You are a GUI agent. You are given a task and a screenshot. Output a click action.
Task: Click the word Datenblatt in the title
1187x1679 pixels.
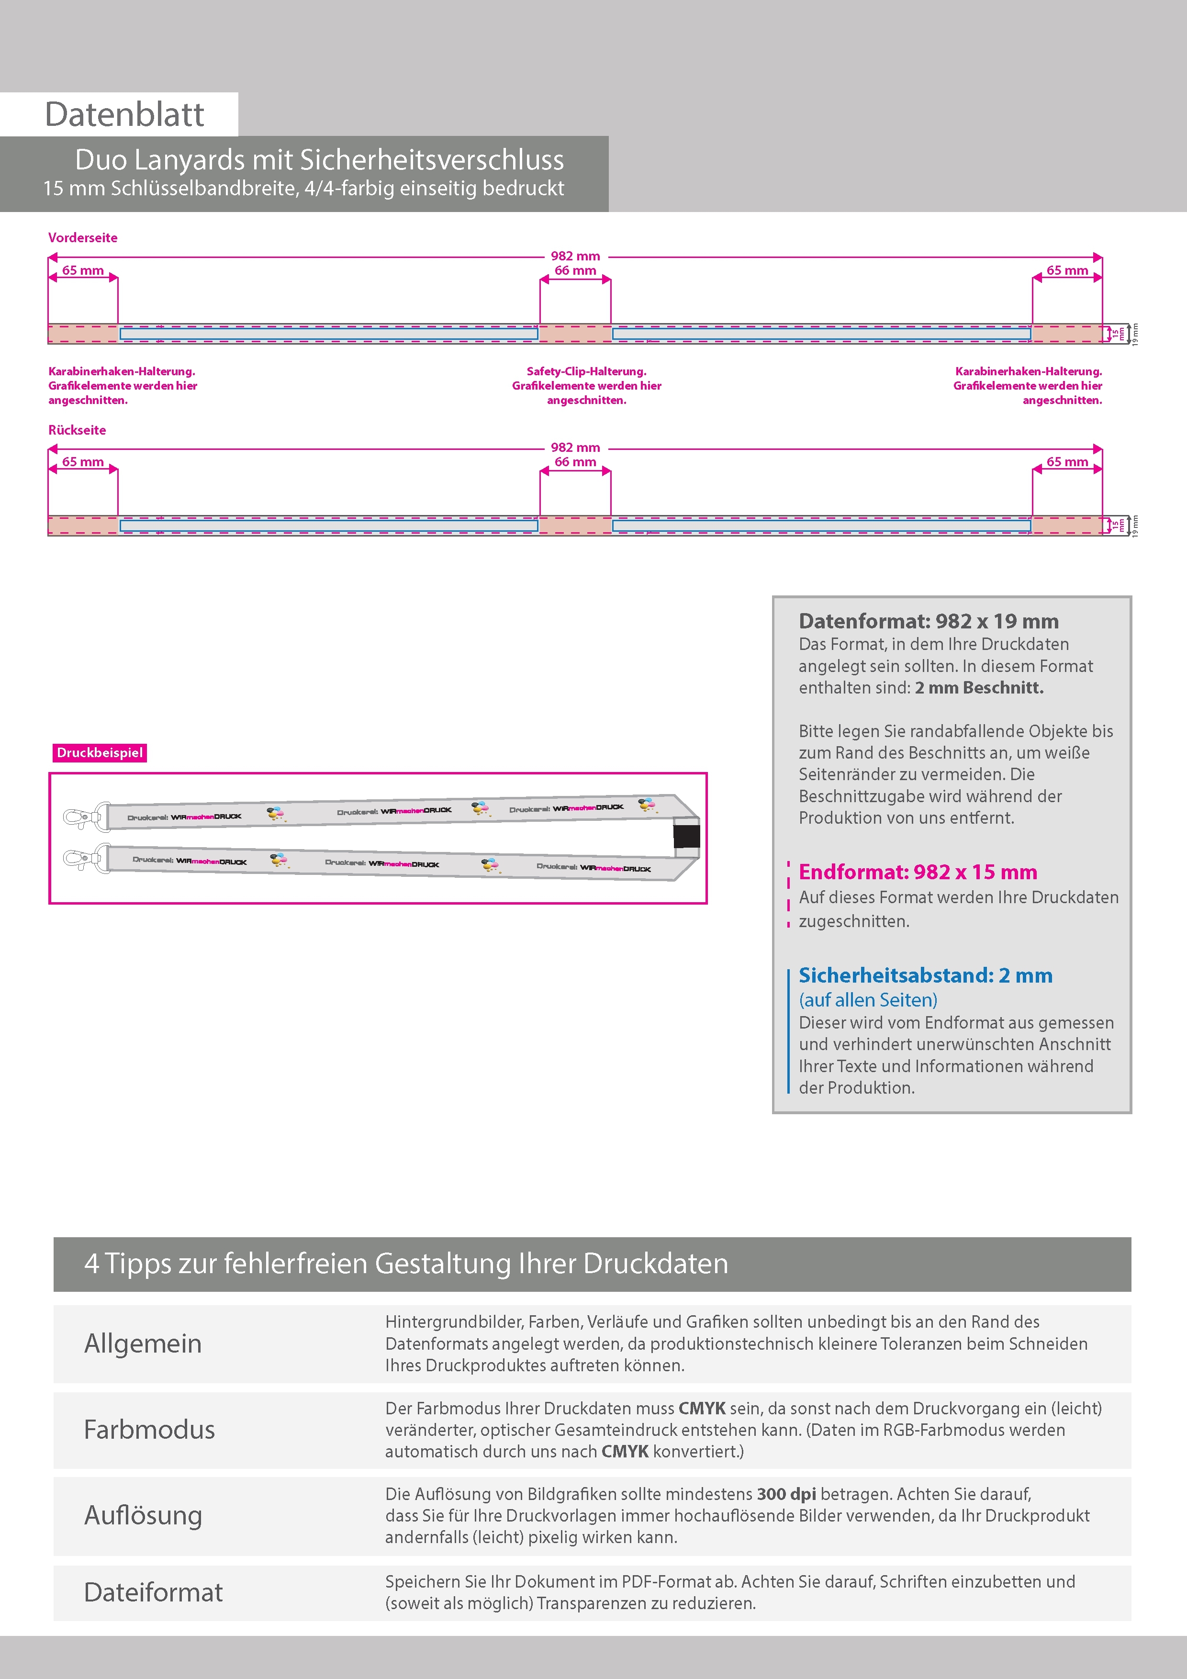pos(124,115)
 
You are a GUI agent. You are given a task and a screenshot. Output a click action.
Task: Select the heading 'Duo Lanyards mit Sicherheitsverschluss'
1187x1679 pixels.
pos(319,159)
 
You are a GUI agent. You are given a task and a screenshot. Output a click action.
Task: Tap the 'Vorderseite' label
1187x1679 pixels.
pos(83,238)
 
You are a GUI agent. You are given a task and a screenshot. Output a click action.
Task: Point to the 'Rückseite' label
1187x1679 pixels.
pos(77,430)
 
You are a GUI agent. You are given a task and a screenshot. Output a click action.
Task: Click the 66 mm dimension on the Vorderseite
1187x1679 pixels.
pos(575,270)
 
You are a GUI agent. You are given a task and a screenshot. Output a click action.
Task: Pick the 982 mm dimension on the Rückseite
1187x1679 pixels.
pos(575,448)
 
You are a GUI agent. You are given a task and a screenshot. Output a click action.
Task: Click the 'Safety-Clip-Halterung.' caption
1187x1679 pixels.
pos(586,371)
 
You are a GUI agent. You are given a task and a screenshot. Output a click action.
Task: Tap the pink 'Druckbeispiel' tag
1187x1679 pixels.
pos(100,752)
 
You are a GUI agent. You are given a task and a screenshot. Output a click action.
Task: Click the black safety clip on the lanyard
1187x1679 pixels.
pos(686,837)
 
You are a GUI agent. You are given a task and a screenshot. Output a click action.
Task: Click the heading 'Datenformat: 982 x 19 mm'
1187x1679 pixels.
pos(928,622)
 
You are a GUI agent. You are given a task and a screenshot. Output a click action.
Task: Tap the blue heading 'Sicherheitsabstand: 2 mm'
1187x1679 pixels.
pos(925,975)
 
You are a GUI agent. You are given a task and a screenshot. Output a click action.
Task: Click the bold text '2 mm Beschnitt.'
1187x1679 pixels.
pos(979,687)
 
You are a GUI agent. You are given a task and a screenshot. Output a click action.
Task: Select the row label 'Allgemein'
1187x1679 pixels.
pos(143,1343)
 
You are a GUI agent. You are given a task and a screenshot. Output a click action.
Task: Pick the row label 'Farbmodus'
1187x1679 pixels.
pos(149,1430)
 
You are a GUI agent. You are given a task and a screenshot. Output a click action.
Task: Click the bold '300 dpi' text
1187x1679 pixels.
pos(786,1494)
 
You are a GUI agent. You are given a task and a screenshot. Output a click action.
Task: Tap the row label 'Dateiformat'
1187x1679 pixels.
pos(153,1592)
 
